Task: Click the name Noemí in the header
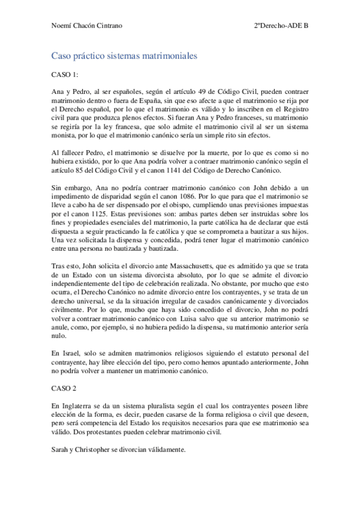pos(63,26)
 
